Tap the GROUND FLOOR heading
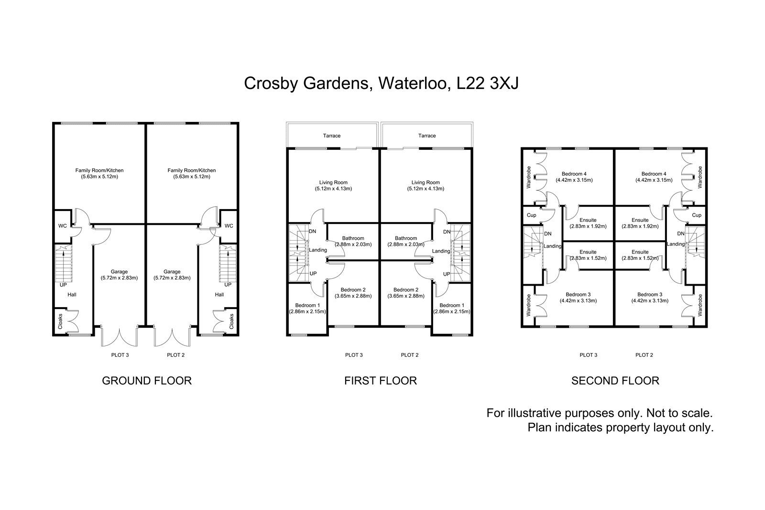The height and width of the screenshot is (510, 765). click(x=147, y=381)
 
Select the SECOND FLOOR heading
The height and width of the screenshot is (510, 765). click(x=615, y=381)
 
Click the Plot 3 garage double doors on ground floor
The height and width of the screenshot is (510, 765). click(x=119, y=336)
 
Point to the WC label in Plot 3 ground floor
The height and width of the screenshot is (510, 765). click(x=62, y=226)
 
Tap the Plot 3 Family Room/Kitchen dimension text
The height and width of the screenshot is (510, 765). click(x=99, y=177)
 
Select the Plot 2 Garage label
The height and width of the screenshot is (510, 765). click(x=172, y=272)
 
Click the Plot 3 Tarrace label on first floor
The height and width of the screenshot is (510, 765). click(x=331, y=135)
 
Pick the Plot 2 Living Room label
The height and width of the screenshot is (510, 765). click(x=426, y=182)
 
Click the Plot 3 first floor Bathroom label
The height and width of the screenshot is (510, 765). click(x=353, y=238)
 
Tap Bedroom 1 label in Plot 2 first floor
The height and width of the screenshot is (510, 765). click(x=451, y=305)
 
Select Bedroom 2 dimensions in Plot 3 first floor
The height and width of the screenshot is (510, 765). click(x=353, y=296)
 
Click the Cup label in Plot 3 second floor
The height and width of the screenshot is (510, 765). click(x=532, y=215)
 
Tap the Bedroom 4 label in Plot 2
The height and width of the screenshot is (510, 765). click(x=654, y=174)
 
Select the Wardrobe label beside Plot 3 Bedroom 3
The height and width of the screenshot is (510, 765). click(x=528, y=305)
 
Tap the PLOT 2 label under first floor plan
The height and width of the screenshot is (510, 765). click(x=410, y=355)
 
